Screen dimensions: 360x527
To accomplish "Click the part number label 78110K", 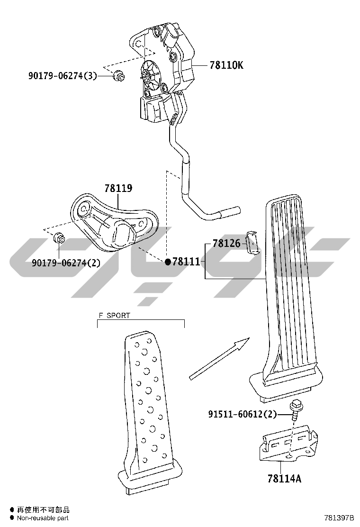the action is tap(226, 65).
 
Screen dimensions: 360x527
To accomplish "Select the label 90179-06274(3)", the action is tap(63, 76).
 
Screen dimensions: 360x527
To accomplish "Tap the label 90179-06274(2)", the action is tap(66, 263).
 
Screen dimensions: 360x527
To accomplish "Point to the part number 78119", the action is tap(118, 188).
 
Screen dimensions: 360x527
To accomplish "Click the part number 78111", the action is tap(186, 262).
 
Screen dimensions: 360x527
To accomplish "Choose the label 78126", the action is tap(226, 243).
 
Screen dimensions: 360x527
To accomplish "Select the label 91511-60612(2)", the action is tap(243, 414).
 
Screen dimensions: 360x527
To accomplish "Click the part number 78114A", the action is tap(284, 478).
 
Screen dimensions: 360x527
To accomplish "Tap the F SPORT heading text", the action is tap(114, 315).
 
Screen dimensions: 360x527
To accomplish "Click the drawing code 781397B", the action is tap(339, 518).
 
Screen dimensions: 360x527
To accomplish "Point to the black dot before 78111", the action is tap(168, 262).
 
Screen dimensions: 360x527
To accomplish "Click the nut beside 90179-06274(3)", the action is tap(119, 76).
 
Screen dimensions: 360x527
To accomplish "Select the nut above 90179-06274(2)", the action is tap(59, 239).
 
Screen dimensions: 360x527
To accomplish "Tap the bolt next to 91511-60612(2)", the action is tap(295, 409).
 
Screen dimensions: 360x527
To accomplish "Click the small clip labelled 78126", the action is tap(252, 243).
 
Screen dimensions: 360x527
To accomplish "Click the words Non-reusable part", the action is tap(43, 518).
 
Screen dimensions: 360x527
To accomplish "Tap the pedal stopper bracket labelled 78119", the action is tap(114, 222).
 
